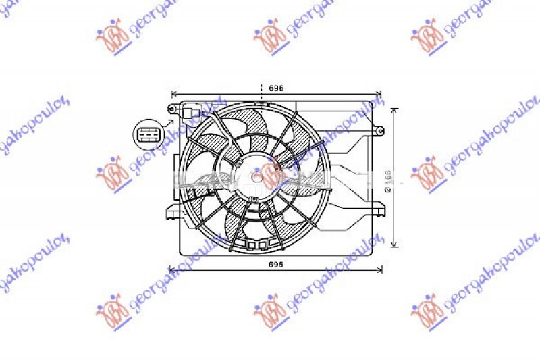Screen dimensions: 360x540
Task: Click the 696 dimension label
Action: tap(275, 88)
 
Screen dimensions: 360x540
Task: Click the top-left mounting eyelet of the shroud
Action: tap(172, 109)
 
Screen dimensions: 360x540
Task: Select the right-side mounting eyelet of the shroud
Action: tap(379, 130)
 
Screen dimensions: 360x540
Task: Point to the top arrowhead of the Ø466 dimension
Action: tap(396, 109)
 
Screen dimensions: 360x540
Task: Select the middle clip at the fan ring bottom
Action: tap(254, 245)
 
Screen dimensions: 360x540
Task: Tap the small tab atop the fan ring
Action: tap(261, 103)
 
